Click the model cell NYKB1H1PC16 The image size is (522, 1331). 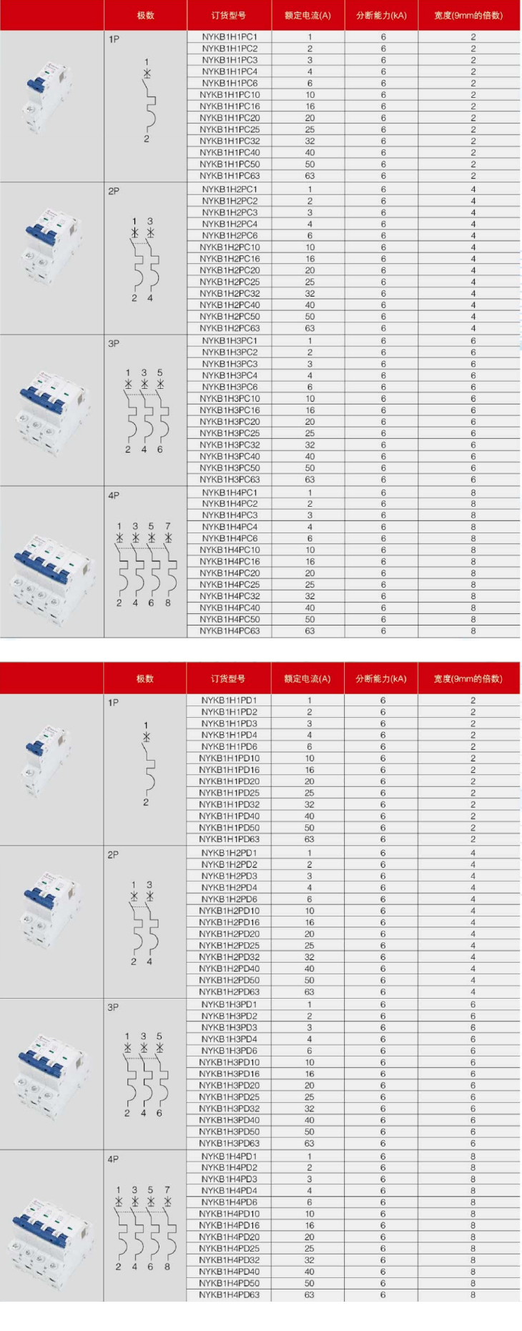pyautogui.click(x=230, y=107)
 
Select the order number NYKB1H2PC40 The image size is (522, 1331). pyautogui.click(x=230, y=305)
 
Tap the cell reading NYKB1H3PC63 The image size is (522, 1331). pyautogui.click(x=230, y=480)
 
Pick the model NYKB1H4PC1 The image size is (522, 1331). pyautogui.click(x=230, y=493)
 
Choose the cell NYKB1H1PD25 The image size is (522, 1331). pyautogui.click(x=229, y=793)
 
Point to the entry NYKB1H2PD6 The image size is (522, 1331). pyautogui.click(x=229, y=899)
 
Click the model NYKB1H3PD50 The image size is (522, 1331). pyautogui.click(x=229, y=1132)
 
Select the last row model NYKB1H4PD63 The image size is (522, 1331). pyautogui.click(x=229, y=1295)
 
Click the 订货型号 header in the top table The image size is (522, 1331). pyautogui.click(x=229, y=15)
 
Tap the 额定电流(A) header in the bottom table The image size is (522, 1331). pyautogui.click(x=307, y=678)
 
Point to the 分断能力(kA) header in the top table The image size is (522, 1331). pyautogui.click(x=381, y=15)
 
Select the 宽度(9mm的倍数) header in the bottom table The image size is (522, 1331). pyautogui.click(x=468, y=678)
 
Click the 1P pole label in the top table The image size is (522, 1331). pyautogui.click(x=114, y=39)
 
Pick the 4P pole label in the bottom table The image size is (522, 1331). pyautogui.click(x=113, y=1159)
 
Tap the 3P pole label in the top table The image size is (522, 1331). pyautogui.click(x=114, y=343)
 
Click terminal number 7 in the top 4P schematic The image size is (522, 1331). pyautogui.click(x=168, y=526)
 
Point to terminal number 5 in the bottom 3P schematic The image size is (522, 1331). pyautogui.click(x=159, y=1036)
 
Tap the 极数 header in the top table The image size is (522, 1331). pyautogui.click(x=145, y=15)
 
